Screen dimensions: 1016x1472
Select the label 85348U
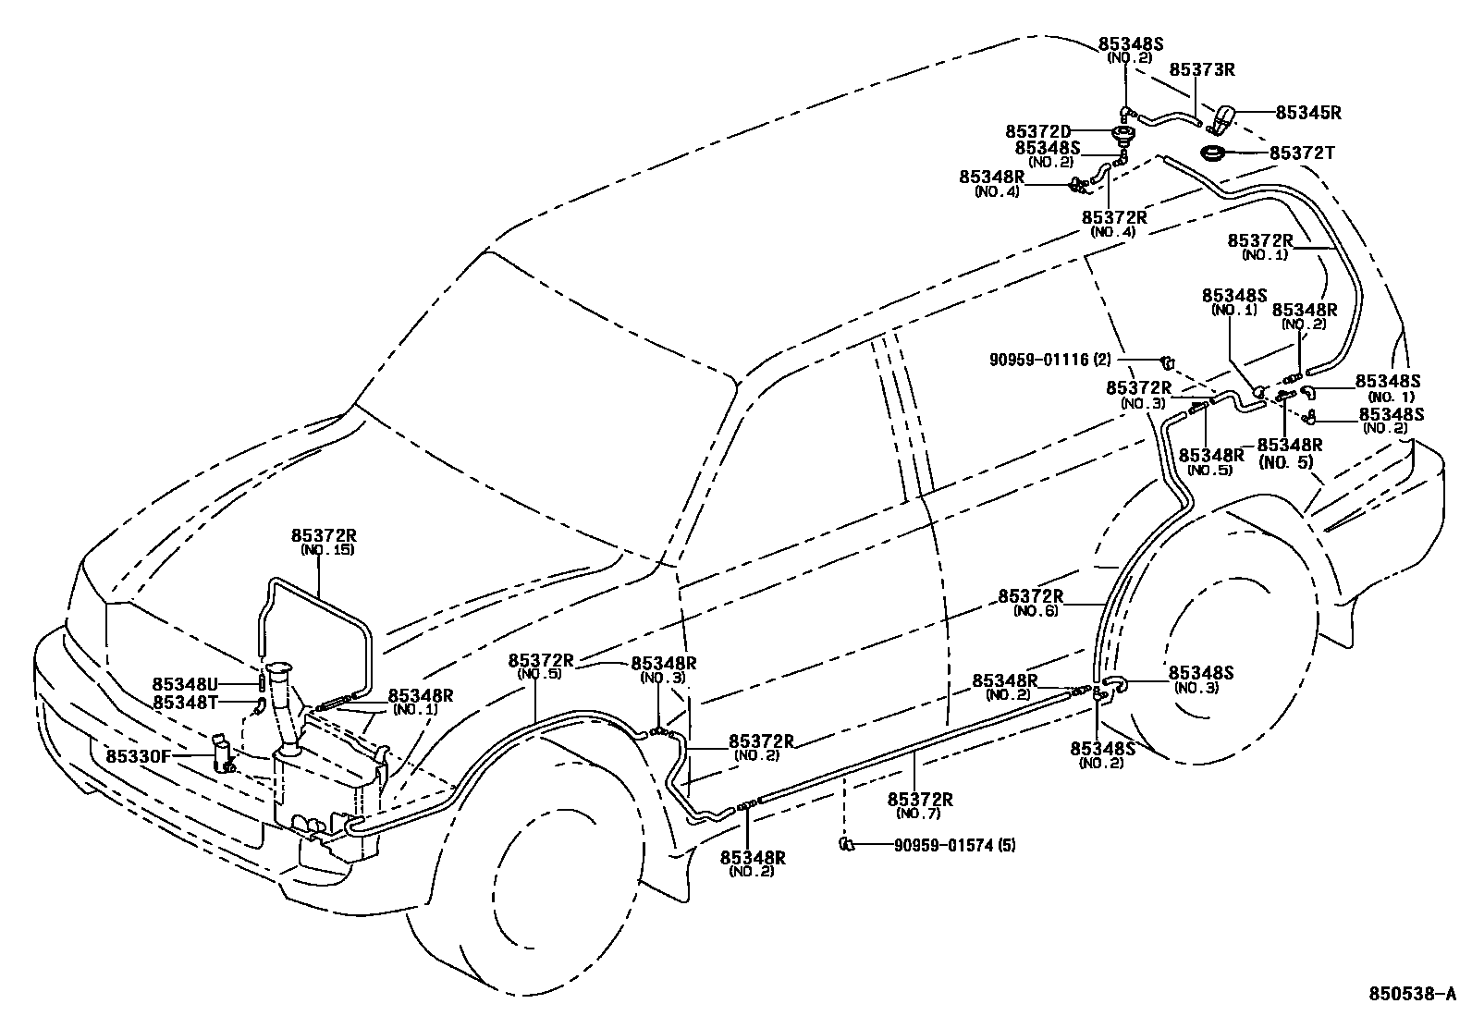pyautogui.click(x=184, y=684)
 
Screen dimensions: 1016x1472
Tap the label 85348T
pyautogui.click(x=184, y=703)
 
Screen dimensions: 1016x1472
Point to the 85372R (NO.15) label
pyautogui.click(x=324, y=541)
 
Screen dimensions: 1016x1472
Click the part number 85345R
pyautogui.click(x=1308, y=113)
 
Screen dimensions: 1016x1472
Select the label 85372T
pyautogui.click(x=1302, y=153)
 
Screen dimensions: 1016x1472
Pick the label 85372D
pyautogui.click(x=1037, y=131)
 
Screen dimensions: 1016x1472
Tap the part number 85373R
pyautogui.click(x=1202, y=69)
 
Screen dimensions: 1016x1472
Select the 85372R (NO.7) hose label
pyautogui.click(x=920, y=805)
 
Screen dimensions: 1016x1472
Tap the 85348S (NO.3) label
pyautogui.click(x=1201, y=679)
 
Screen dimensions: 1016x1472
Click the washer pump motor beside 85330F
pyautogui.click(x=223, y=753)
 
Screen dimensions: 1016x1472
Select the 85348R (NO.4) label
pyautogui.click(x=990, y=182)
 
